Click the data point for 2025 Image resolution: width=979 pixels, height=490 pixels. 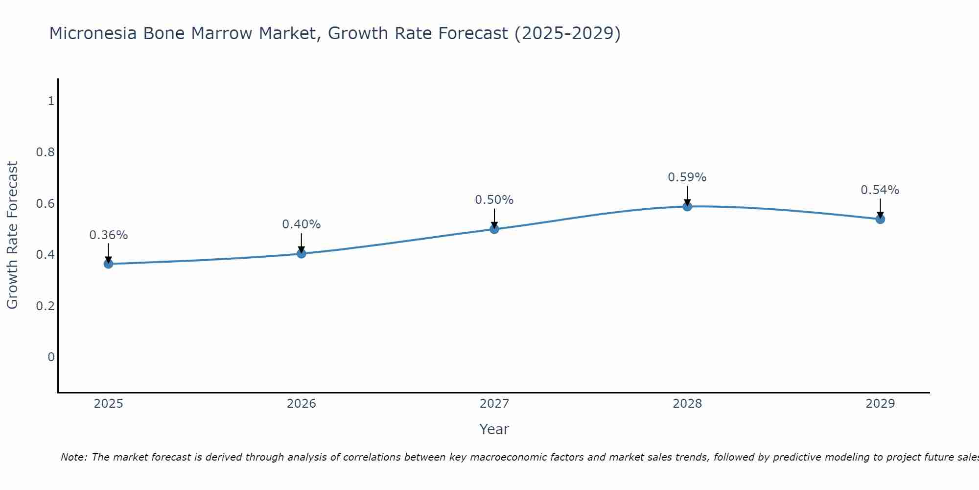108,264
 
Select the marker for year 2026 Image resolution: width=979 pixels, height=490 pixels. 302,253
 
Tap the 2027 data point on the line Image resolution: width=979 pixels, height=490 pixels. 494,229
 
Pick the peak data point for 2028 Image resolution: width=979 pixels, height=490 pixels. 687,206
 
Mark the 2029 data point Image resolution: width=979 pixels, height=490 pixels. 880,219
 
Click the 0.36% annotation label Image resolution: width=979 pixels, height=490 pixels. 108,235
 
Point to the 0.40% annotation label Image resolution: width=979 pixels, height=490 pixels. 302,224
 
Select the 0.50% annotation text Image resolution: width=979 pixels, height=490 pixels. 494,200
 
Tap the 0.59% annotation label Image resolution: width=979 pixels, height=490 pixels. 687,177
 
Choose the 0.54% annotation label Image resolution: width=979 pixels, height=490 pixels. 880,190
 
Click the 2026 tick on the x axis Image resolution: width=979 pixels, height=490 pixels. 302,404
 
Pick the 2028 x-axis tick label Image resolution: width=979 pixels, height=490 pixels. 687,404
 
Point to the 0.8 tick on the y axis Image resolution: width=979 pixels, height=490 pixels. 45,152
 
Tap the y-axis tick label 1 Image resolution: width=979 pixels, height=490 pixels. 51,101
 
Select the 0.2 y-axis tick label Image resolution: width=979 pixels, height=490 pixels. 45,306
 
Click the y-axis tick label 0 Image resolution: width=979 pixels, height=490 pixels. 51,357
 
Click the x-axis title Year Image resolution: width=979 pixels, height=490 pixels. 494,429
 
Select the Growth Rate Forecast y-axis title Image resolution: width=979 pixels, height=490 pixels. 13,235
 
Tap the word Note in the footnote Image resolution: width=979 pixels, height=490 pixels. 73,457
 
